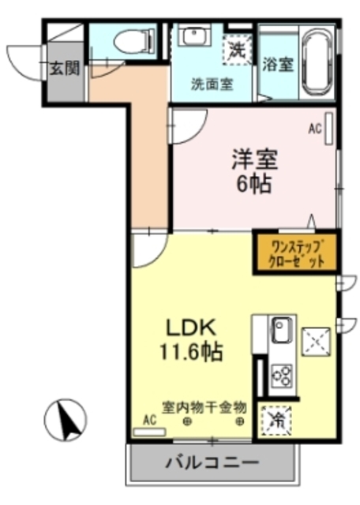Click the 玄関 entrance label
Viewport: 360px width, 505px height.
[66, 68]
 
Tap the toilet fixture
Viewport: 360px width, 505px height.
[128, 42]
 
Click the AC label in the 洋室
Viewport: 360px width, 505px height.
[314, 127]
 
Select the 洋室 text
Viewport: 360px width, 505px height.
[253, 159]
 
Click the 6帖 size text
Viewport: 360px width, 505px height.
[253, 185]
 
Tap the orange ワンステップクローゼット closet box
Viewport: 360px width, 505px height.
[294, 250]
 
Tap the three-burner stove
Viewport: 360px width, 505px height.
[283, 375]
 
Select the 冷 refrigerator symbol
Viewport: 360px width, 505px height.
[278, 419]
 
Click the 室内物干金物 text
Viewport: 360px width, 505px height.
[204, 407]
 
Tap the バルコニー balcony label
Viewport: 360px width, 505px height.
[212, 461]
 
